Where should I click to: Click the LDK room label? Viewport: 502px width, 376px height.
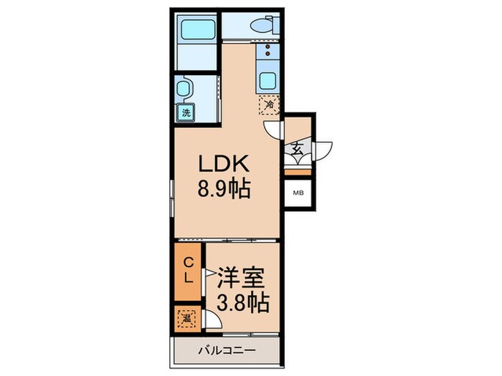point(224,164)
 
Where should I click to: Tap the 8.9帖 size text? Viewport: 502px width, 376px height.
point(224,189)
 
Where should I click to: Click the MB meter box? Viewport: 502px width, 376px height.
point(297,192)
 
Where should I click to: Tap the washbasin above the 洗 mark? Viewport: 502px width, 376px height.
point(185,90)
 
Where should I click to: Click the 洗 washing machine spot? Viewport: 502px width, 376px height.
point(186,112)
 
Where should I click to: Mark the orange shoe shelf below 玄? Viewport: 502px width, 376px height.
point(297,172)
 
